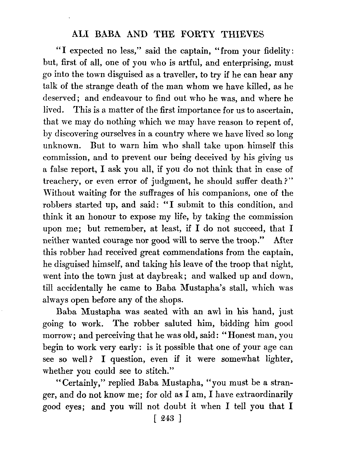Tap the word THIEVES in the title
click(242, 34)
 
